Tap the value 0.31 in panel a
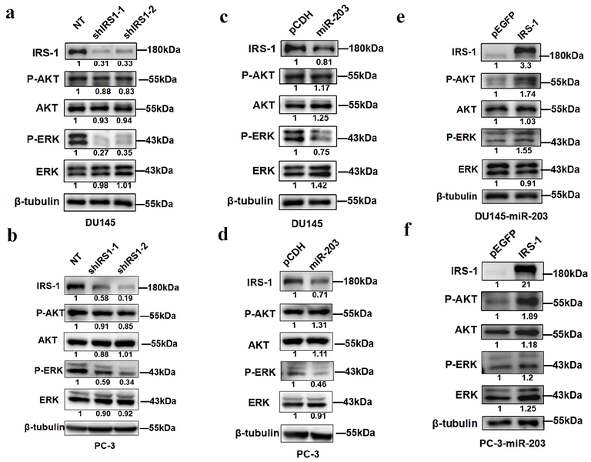pos(97,63)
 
